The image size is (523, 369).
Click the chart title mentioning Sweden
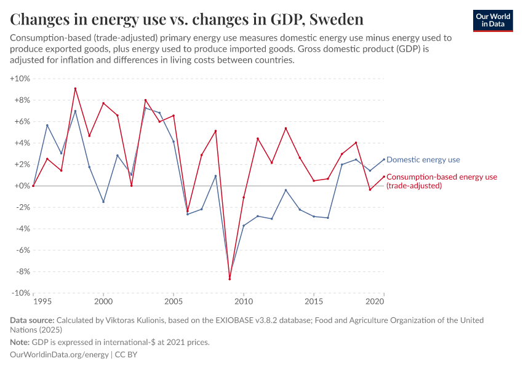(x=186, y=19)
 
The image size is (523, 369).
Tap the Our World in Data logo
(x=492, y=20)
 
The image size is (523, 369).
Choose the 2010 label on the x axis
(x=244, y=302)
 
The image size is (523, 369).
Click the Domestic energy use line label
(x=423, y=160)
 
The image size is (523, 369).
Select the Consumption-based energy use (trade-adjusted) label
(x=441, y=181)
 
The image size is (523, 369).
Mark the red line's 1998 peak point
(x=75, y=89)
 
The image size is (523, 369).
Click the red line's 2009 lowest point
(x=230, y=279)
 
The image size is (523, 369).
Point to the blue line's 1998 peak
(x=75, y=111)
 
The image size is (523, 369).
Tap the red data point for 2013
(x=286, y=128)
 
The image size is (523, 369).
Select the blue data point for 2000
(x=103, y=202)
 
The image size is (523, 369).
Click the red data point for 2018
(x=356, y=143)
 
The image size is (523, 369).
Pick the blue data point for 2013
(x=286, y=190)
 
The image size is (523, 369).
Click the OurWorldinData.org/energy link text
(x=60, y=355)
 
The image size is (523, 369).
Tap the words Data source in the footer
(x=32, y=320)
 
